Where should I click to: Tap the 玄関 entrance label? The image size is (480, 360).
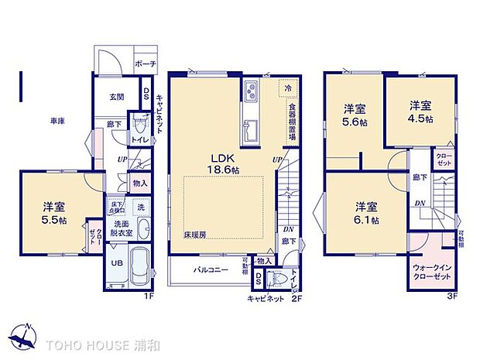coord(116,97)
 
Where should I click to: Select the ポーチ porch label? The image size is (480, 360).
coord(143,63)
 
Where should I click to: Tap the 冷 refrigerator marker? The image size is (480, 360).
coord(287,87)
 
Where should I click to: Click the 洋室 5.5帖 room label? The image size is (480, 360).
coord(53,212)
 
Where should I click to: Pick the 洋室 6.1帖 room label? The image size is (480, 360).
coord(366,213)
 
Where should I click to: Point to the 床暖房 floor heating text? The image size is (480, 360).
coord(195,233)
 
